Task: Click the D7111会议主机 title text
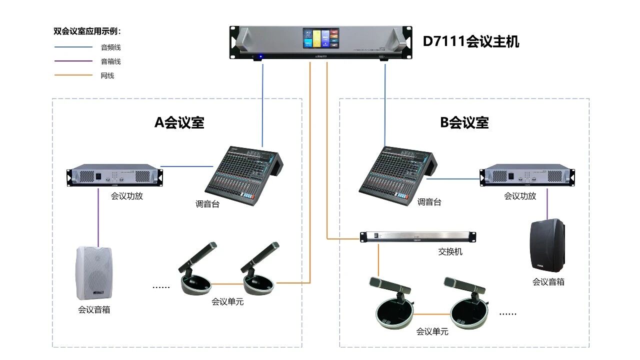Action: click(x=471, y=41)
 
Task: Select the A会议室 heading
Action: click(x=179, y=122)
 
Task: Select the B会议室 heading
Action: click(x=464, y=122)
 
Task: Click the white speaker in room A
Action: click(x=93, y=272)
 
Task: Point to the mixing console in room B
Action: click(x=395, y=172)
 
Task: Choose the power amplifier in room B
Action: click(x=527, y=175)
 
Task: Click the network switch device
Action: click(x=418, y=236)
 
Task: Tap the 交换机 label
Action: click(x=450, y=251)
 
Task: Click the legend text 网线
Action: click(x=107, y=75)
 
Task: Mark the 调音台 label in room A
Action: click(x=207, y=204)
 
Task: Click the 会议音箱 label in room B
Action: click(x=548, y=282)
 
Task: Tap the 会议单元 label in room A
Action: click(x=227, y=302)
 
